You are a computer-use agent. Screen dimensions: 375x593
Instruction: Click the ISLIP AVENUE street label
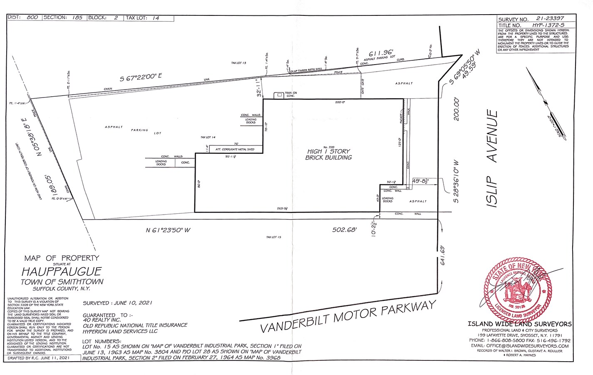click(493, 159)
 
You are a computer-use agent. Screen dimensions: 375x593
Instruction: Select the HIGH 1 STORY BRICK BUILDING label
click(328, 154)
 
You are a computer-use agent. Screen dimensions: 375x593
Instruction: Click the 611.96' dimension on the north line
click(381, 53)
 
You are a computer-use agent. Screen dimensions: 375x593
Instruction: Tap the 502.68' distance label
click(345, 230)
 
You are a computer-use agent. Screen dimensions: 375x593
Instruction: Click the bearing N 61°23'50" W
click(168, 230)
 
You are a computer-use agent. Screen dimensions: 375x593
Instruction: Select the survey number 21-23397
click(550, 19)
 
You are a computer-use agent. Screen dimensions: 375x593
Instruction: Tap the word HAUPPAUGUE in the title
click(62, 272)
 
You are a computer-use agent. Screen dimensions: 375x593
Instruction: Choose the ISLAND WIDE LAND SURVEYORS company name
click(519, 324)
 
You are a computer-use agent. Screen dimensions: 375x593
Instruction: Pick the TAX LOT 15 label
click(274, 237)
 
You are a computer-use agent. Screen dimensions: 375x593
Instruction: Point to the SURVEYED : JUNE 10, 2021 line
click(117, 303)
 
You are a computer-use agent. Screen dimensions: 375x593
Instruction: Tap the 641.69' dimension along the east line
click(443, 256)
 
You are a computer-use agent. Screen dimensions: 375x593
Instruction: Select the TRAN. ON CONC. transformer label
click(290, 94)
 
